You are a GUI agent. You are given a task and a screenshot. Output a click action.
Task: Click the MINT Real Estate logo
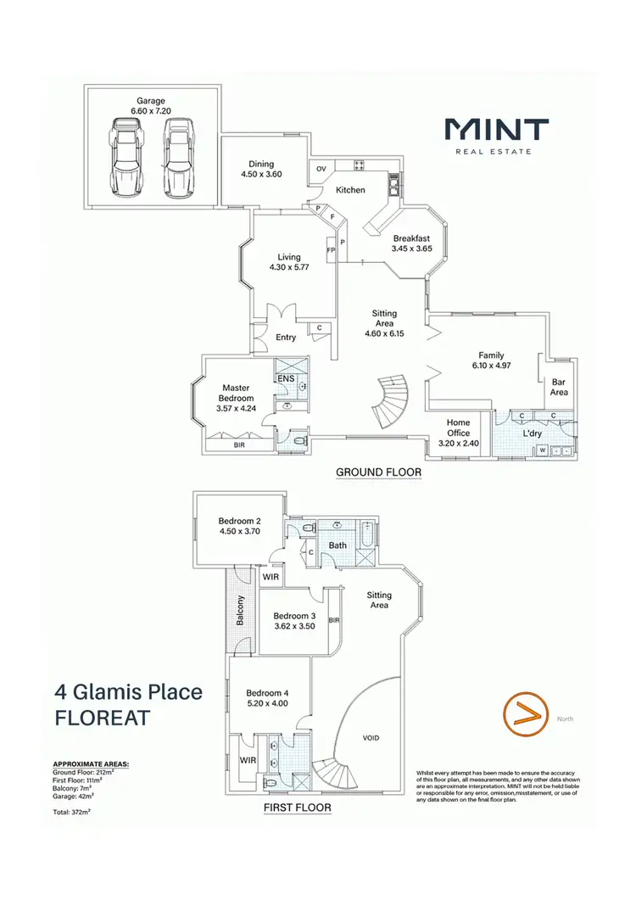[x=498, y=136]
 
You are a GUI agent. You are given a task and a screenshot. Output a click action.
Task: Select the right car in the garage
[x=177, y=156]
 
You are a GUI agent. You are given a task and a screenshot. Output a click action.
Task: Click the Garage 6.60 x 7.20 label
[x=151, y=106]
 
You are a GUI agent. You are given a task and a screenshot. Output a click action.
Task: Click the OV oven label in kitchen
[x=321, y=169]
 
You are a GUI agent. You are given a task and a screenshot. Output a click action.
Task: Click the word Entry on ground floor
[x=286, y=337]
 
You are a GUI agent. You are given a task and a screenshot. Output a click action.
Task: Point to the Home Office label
[x=458, y=427]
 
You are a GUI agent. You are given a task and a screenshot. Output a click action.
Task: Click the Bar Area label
[x=558, y=387]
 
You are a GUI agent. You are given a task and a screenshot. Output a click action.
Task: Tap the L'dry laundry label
[x=533, y=433]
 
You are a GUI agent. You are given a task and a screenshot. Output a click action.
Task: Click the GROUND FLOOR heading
[x=379, y=472]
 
